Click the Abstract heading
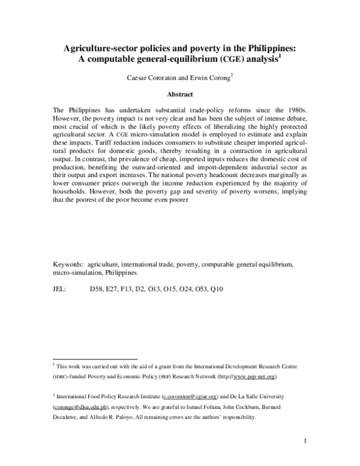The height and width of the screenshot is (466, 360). click(x=180, y=94)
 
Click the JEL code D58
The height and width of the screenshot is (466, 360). click(x=97, y=289)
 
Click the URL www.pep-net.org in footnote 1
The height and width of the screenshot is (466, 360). click(x=255, y=377)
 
